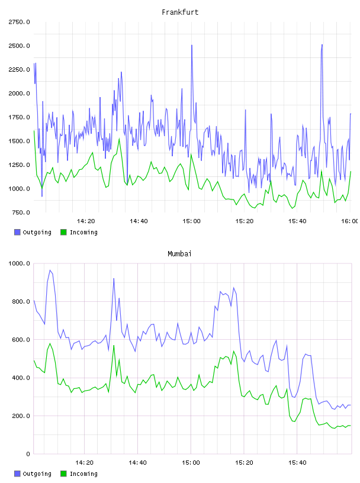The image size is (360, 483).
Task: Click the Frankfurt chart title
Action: coord(180,12)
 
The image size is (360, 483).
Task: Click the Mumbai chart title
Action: coord(179,254)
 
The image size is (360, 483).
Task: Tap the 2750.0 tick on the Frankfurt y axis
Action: coord(20,22)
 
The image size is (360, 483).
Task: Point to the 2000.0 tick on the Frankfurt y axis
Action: coord(20,94)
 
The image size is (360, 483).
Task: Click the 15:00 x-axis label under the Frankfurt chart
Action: coord(191,221)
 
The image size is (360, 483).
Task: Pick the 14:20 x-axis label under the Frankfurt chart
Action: coord(86,221)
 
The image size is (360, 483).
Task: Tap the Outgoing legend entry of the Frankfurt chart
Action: coord(33,232)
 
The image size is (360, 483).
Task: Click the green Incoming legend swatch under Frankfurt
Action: coord(63,232)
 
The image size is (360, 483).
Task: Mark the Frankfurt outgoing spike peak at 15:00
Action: coord(192,45)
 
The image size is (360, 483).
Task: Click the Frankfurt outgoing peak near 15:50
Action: coord(322,44)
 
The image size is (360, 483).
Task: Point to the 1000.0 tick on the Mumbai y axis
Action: coord(20,263)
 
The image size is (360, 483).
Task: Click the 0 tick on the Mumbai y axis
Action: coord(28,454)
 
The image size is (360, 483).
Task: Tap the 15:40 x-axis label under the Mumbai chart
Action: coord(297,463)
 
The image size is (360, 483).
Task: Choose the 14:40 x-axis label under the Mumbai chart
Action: coord(137,463)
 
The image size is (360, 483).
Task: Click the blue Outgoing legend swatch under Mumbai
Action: coord(17,474)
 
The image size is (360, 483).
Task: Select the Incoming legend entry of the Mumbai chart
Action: coord(79,474)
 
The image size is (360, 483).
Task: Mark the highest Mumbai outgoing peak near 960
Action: coord(50,270)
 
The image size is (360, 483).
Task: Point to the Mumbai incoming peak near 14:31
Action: coord(114,345)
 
